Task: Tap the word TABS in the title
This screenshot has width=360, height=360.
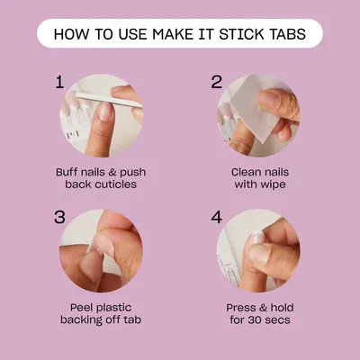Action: [x=285, y=34]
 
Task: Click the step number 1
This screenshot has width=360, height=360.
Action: [x=59, y=82]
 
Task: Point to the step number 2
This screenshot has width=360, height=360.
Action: [x=217, y=82]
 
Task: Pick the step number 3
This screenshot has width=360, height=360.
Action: [x=59, y=217]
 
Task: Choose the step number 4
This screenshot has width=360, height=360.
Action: [x=217, y=217]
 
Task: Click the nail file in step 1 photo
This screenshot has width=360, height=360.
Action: [x=109, y=100]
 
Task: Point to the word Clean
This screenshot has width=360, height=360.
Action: [x=246, y=172]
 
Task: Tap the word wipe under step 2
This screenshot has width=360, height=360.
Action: [x=273, y=184]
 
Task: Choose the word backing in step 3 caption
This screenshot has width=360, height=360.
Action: [x=80, y=320]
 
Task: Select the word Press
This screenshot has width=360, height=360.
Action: [x=240, y=308]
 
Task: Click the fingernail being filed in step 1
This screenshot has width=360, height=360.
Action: [x=106, y=112]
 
